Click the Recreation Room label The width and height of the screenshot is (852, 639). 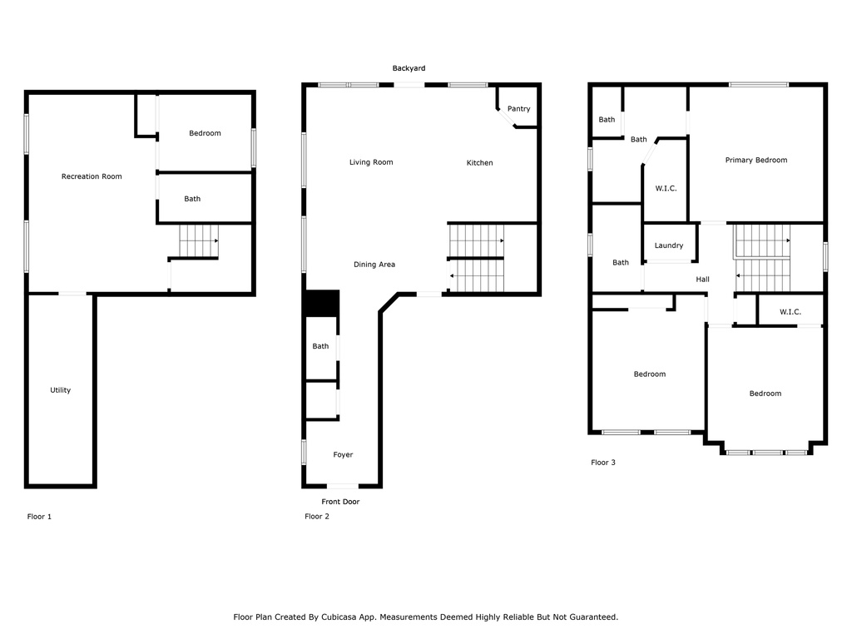92,176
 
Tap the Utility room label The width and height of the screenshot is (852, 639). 60,390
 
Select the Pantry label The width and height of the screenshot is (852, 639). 519,109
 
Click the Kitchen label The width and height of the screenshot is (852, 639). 480,162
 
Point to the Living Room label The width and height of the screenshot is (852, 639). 371,162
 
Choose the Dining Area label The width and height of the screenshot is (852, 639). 374,265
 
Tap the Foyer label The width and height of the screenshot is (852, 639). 343,455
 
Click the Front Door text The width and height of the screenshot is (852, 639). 340,502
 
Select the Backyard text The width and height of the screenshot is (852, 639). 409,68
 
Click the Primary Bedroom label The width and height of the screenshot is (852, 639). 756,160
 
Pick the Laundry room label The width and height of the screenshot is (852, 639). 669,245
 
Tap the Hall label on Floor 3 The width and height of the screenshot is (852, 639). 702,280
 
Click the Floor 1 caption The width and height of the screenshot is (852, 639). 39,517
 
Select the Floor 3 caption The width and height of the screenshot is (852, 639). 603,463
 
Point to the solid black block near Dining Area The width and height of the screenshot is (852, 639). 323,303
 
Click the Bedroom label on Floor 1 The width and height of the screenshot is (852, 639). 205,133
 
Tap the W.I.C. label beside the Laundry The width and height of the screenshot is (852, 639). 666,189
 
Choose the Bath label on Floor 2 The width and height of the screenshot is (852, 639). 320,346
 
